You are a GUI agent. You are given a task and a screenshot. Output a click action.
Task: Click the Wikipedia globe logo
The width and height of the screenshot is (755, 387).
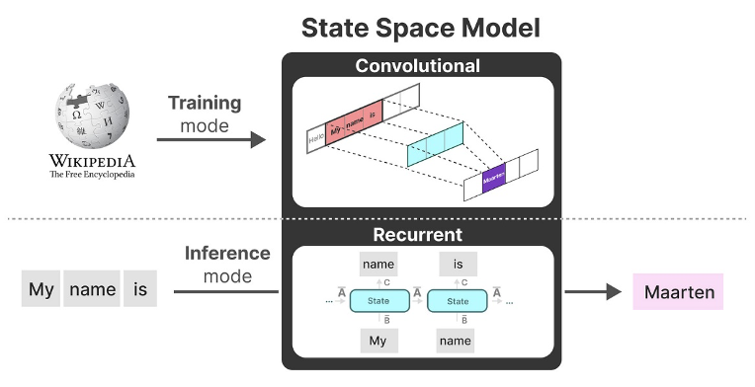click(x=92, y=111)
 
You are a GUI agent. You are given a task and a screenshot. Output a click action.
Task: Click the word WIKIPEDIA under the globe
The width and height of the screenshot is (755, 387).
click(x=92, y=160)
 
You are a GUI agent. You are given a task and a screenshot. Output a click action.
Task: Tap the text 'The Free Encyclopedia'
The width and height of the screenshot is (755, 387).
click(x=92, y=175)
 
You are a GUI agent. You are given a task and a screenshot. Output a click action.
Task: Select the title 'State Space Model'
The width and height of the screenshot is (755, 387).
click(x=420, y=28)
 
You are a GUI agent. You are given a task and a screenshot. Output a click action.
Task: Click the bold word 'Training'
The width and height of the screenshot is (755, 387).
click(x=204, y=104)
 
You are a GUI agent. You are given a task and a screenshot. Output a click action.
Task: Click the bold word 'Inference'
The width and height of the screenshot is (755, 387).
click(x=227, y=253)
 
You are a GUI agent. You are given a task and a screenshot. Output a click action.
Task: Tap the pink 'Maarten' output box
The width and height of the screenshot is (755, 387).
click(x=678, y=291)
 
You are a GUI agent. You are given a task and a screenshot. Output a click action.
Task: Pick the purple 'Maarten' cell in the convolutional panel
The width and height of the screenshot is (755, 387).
click(x=493, y=182)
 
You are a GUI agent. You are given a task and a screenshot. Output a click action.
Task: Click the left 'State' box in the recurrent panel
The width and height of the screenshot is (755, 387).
click(x=378, y=301)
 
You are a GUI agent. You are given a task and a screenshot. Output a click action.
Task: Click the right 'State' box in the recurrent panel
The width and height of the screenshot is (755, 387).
click(x=458, y=301)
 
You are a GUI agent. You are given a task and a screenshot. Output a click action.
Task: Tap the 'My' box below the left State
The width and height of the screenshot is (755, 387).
click(x=378, y=340)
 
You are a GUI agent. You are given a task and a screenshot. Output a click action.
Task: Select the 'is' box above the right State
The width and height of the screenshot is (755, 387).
click(x=458, y=264)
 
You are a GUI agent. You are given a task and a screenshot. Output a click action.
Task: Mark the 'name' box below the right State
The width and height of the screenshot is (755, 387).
click(x=458, y=340)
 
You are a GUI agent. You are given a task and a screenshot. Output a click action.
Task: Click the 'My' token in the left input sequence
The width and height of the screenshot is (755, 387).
click(x=42, y=290)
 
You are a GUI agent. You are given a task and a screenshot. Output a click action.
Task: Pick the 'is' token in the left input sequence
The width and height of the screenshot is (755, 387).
click(x=140, y=290)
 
